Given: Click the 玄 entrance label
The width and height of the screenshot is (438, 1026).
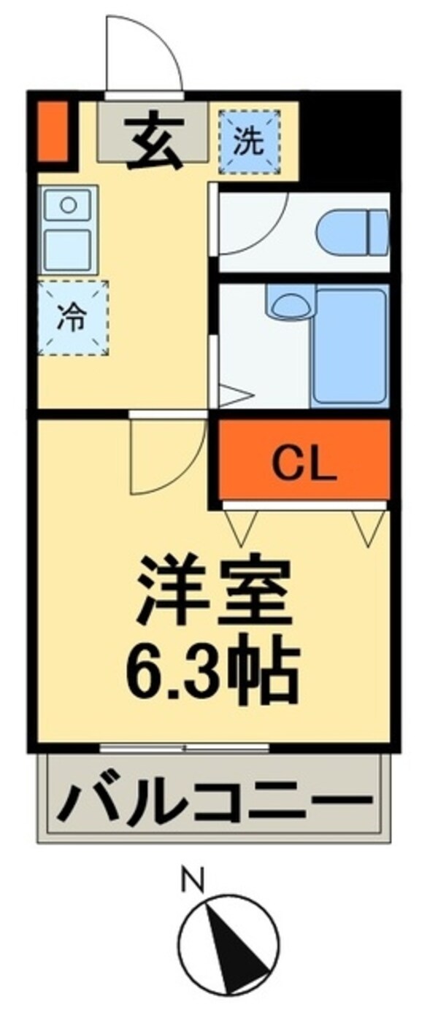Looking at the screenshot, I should pos(155,136).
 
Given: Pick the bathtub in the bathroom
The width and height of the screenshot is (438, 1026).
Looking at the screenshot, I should pos(350,347).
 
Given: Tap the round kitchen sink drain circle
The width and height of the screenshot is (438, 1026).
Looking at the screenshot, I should pos(67,204).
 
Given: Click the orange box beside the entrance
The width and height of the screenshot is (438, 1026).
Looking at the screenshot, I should pos(52,131).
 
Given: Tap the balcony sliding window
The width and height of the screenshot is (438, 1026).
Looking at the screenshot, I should pos(184,747).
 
